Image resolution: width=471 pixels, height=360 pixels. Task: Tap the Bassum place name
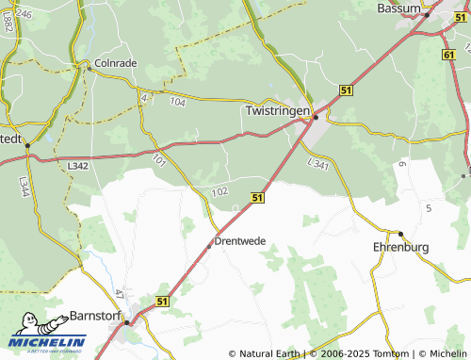point(397,8)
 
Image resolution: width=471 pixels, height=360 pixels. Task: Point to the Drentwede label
point(240,241)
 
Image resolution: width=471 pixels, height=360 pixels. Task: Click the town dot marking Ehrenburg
point(400,233)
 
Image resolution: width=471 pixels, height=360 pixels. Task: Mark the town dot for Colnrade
point(88,67)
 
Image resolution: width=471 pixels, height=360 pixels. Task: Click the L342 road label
point(78,165)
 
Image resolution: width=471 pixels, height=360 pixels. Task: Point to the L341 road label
point(317,164)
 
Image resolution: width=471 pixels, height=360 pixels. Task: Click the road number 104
point(178,100)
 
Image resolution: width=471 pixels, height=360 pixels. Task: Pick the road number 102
point(220,191)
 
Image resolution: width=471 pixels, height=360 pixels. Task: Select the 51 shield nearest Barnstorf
point(162,301)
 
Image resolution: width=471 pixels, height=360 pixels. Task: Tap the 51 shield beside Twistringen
point(347,89)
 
